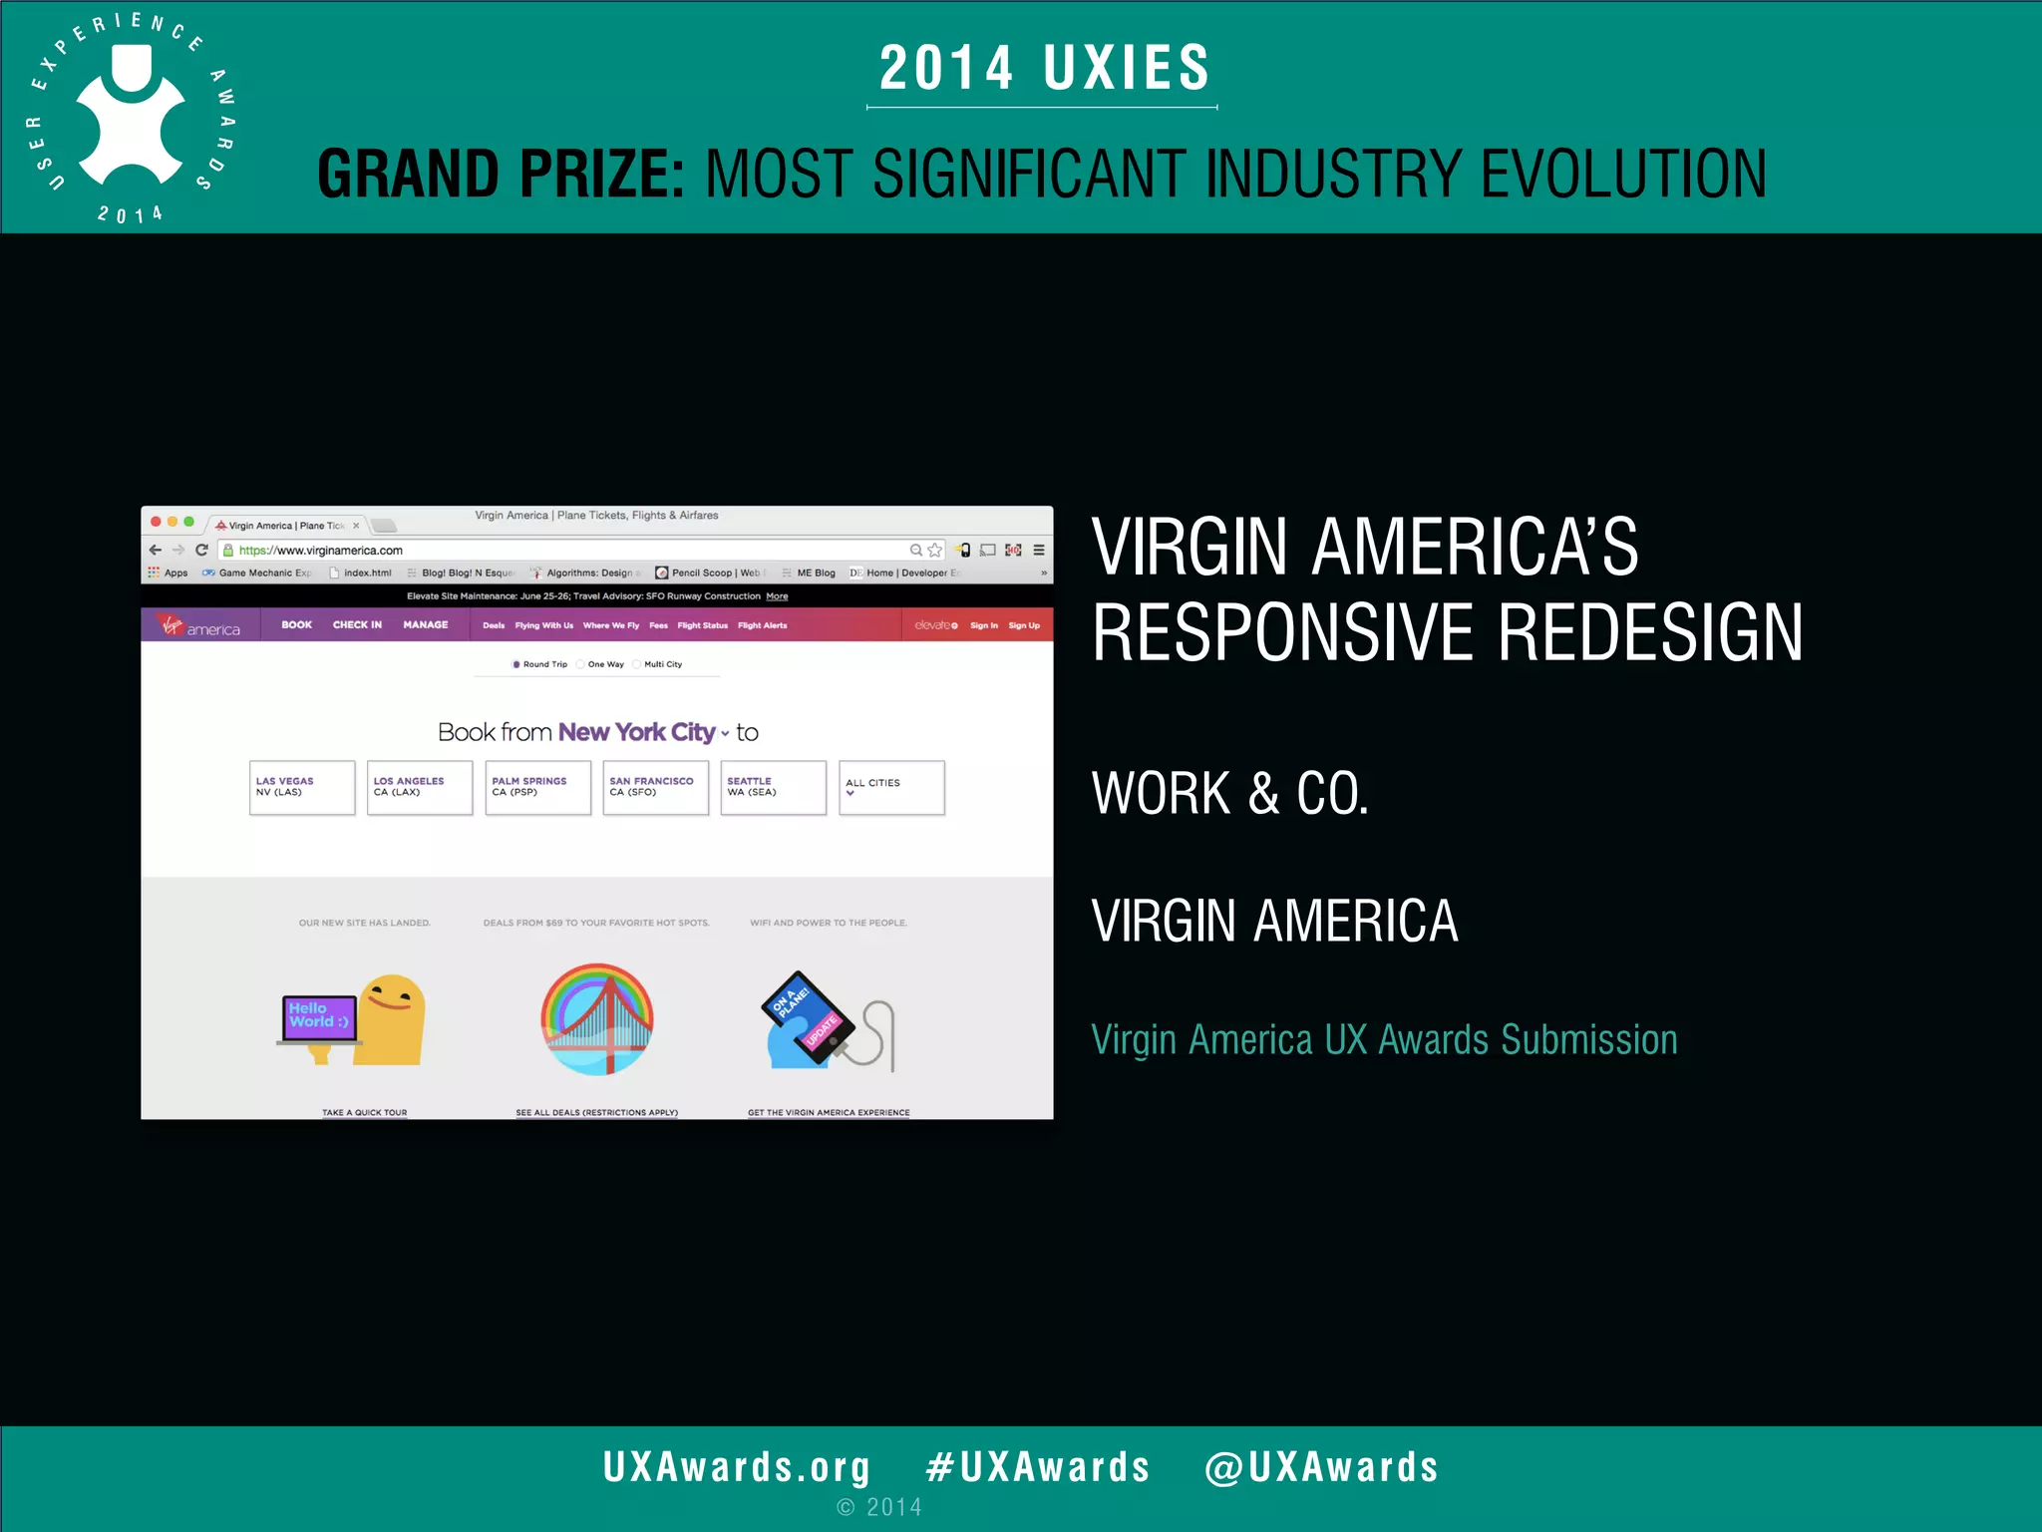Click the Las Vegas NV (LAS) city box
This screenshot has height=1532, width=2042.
tap(302, 787)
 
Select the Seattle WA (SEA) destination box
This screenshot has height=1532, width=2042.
tap(773, 787)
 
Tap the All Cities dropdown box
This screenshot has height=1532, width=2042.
tap(891, 787)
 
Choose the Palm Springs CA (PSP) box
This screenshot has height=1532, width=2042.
tap(537, 787)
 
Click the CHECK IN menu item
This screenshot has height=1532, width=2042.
tap(357, 625)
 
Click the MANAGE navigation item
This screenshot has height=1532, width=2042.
tap(426, 625)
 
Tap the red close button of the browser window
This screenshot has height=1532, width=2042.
tap(156, 522)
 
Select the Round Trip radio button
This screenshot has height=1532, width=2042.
tap(516, 664)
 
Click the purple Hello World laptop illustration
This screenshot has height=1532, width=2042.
tap(319, 1018)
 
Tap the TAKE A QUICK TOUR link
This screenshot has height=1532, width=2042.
tap(365, 1112)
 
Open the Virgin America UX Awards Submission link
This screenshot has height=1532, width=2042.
tap(1384, 1040)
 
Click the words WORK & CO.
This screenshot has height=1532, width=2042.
tap(1229, 794)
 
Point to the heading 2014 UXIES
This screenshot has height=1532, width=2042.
tap(1043, 69)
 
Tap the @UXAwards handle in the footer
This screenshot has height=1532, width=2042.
tap(1321, 1467)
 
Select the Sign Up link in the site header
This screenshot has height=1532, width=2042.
tap(1024, 626)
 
